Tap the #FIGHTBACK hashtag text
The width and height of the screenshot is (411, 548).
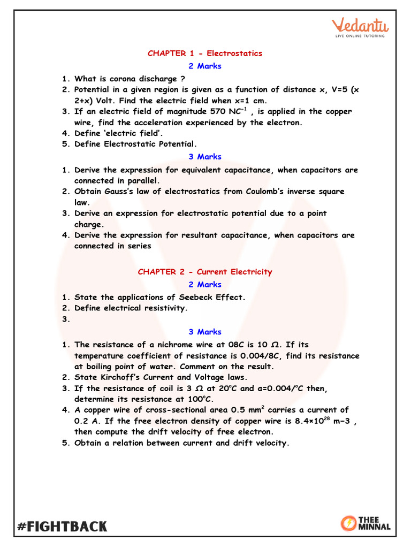tap(62, 526)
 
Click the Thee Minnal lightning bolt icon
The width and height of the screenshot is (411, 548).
tap(348, 523)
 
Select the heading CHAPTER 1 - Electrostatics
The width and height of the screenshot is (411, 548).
tap(205, 54)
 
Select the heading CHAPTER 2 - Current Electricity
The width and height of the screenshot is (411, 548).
tap(205, 272)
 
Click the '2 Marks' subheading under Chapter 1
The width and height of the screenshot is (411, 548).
tap(205, 66)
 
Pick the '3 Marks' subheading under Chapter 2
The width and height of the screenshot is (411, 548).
tap(205, 332)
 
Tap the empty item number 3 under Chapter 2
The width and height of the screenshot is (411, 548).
tap(66, 319)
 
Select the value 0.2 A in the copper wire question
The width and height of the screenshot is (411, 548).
tap(84, 421)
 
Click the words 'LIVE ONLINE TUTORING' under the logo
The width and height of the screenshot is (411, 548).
tap(360, 36)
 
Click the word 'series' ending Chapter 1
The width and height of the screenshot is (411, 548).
tap(139, 246)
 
